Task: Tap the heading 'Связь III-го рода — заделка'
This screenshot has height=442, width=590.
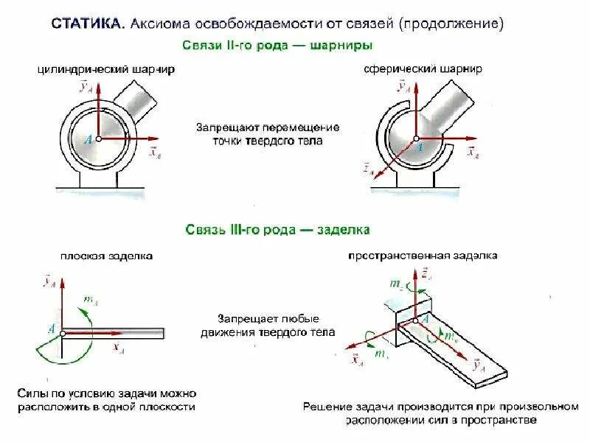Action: [x=277, y=230]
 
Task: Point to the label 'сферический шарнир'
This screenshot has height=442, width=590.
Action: [x=423, y=69]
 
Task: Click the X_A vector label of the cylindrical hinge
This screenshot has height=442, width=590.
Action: [x=154, y=152]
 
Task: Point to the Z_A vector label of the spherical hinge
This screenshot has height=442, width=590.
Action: [x=367, y=170]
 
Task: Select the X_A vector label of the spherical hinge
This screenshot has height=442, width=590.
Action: [x=472, y=153]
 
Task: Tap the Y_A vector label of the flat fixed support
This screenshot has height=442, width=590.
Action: [x=49, y=281]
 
